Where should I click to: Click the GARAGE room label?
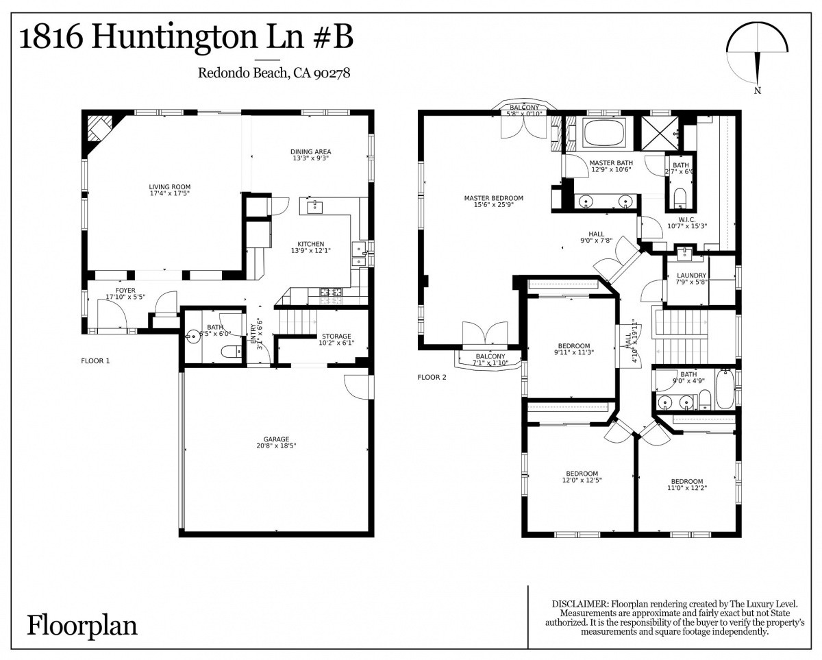tap(276, 439)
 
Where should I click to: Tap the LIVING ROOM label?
tap(170, 187)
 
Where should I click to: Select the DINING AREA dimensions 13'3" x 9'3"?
tap(311, 158)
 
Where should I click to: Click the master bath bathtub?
tap(604, 132)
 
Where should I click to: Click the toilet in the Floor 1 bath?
tap(231, 350)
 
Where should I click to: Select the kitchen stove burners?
tap(331, 296)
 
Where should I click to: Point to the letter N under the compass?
tap(758, 90)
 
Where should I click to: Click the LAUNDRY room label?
tap(691, 275)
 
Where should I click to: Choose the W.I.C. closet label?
tap(687, 220)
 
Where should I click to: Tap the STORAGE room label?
tap(336, 337)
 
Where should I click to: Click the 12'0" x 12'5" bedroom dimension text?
tap(582, 480)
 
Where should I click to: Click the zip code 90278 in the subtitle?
tap(332, 73)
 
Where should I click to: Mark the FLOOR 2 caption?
tap(432, 377)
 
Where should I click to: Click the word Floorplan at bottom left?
tap(82, 626)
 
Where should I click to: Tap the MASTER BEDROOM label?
tap(493, 198)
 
